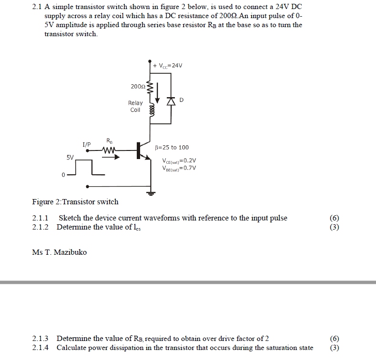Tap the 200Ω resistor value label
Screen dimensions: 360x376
(x=138, y=87)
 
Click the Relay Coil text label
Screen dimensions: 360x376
(x=135, y=107)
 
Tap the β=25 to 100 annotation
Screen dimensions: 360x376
(x=172, y=148)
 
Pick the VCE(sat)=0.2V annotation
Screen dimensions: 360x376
(x=179, y=160)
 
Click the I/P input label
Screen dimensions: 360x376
(x=86, y=144)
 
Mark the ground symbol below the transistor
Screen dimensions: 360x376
(x=152, y=193)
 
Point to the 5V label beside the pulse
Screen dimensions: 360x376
(x=70, y=157)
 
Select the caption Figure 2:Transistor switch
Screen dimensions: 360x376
(x=75, y=202)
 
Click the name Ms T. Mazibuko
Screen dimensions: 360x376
(x=60, y=252)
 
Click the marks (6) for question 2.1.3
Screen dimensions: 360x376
(x=334, y=339)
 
